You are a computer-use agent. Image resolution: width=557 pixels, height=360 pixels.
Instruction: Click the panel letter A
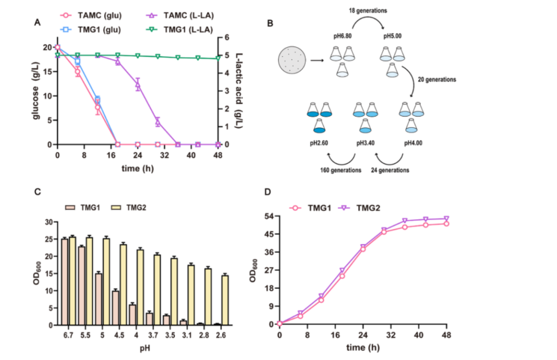(x=37, y=22)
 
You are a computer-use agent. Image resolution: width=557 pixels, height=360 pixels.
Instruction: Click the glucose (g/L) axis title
(x=37, y=95)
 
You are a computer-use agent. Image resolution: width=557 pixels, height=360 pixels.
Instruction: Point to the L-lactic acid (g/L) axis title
(x=239, y=91)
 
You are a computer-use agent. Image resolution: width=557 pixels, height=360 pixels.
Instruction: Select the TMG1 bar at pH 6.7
(x=64, y=282)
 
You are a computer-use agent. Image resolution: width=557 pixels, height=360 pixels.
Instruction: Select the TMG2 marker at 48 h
(x=446, y=219)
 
